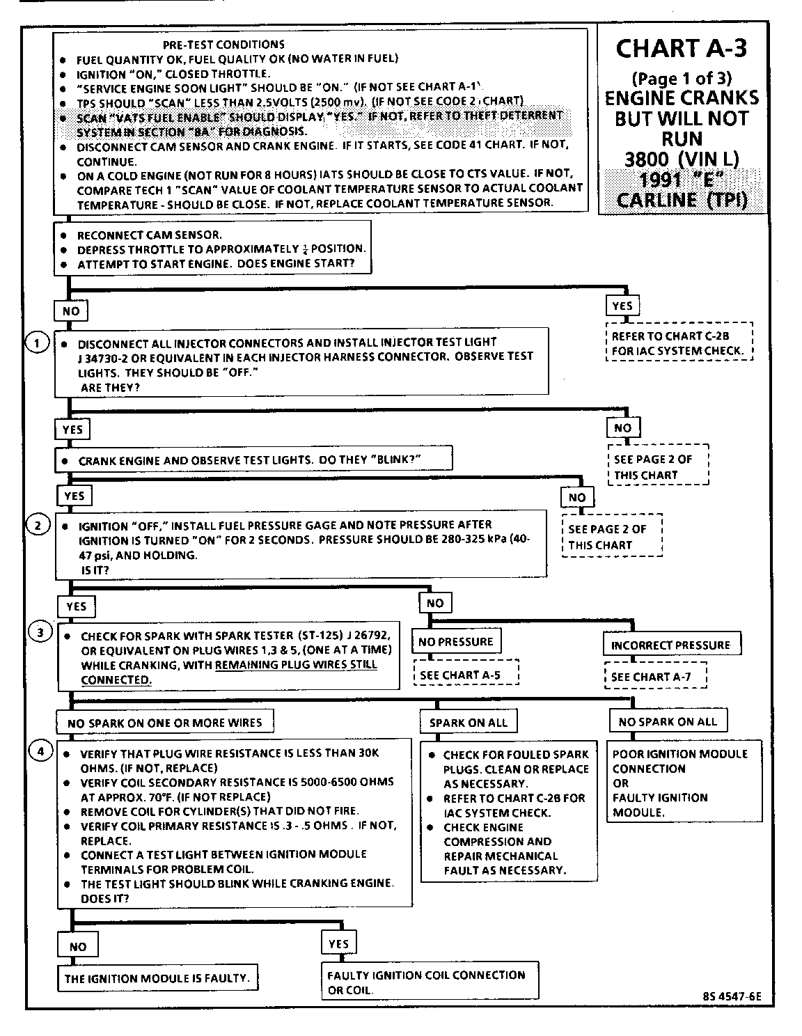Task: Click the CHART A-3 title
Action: coord(682,49)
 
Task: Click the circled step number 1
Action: coord(37,342)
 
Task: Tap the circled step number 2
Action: coord(38,525)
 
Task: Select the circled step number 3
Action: coord(40,632)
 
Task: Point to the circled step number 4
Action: coord(40,751)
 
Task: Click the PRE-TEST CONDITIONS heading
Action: coord(223,45)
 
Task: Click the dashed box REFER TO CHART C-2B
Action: coord(679,343)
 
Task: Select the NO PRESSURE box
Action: coord(455,642)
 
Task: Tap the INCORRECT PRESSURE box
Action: coord(670,645)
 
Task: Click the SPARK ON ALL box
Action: coord(468,723)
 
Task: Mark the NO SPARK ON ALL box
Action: coord(668,721)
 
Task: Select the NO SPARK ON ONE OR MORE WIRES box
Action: coord(164,723)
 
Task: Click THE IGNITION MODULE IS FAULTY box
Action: coord(156,978)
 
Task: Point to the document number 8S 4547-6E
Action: coord(732,996)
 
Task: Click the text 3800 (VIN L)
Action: coord(682,159)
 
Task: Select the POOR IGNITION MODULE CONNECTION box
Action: coord(684,783)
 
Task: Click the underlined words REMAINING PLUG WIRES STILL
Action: coord(296,664)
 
